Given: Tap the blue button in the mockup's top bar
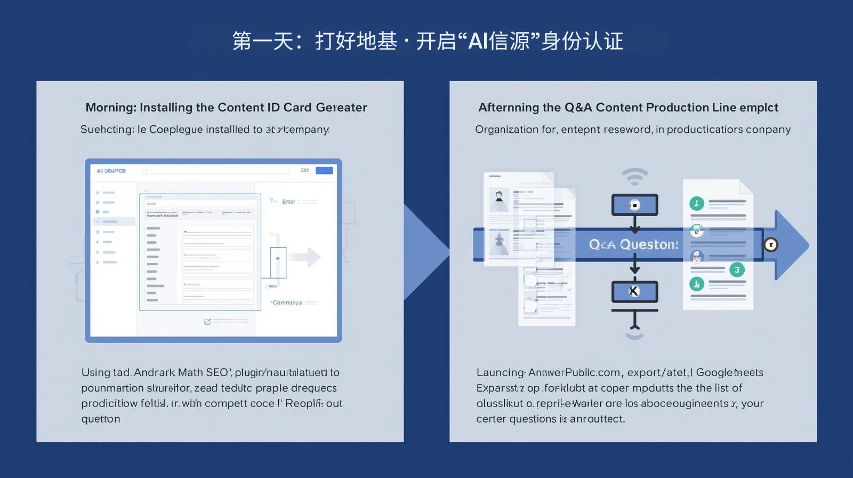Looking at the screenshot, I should (324, 170).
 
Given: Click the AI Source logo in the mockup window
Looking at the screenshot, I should (111, 171).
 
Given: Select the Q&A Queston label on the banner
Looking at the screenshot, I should (633, 244).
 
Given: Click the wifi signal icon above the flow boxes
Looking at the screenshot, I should (634, 177).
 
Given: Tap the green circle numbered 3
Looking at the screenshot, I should (737, 269).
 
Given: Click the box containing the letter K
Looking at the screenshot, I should (634, 291).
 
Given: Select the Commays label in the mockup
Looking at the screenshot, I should (287, 302).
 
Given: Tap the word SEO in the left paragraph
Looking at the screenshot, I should (218, 372).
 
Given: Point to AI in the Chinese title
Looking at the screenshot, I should (478, 41).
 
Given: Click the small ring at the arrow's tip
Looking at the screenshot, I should (771, 244).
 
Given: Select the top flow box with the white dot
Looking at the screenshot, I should (634, 205).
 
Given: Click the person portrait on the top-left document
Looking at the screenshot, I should (499, 197).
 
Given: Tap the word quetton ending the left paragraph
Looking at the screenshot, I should (100, 419).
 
